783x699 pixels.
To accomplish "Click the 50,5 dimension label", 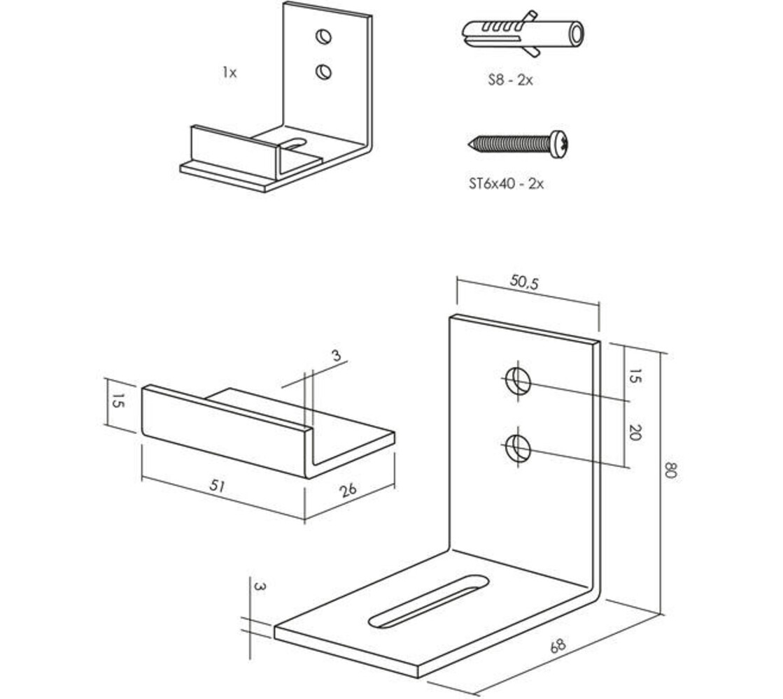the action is [524, 282].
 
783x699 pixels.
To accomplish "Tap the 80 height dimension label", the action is [670, 470].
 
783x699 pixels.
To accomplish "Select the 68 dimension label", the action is [558, 645].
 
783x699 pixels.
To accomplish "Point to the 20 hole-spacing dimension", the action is [634, 432].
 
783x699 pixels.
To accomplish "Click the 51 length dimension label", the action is [217, 486].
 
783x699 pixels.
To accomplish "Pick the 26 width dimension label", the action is [348, 490].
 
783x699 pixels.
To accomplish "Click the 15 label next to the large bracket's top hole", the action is [633, 376].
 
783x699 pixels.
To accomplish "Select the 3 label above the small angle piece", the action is [336, 355].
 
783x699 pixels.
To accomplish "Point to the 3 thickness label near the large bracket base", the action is [260, 586].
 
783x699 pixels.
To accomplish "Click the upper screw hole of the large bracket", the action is [518, 381].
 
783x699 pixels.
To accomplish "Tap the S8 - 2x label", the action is [510, 80].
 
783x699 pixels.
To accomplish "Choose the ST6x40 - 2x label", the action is [506, 184].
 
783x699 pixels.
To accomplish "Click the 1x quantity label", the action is [230, 73].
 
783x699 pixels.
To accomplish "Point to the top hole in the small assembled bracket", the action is [324, 36].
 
